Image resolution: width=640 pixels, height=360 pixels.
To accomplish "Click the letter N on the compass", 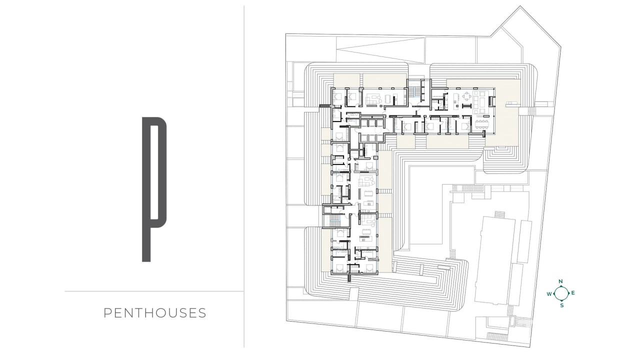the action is click(560, 281).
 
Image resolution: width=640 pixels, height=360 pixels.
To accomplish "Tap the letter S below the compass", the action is click(562, 305).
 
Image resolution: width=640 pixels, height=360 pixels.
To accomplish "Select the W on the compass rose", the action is click(549, 294).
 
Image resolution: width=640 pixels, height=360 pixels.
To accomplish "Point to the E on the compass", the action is click(573, 293).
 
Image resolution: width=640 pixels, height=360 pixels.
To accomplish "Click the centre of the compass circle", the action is click(561, 293).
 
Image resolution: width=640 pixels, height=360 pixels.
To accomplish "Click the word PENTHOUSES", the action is click(155, 313).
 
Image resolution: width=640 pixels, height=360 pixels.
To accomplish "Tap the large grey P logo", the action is click(146, 189).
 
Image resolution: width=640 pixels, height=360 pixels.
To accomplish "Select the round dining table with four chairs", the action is click(467, 96).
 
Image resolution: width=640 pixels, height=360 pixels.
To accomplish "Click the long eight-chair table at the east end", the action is click(482, 124).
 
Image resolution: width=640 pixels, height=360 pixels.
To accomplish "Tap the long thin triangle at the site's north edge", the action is click(380, 54).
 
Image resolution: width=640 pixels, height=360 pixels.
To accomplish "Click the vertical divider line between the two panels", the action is click(244, 176).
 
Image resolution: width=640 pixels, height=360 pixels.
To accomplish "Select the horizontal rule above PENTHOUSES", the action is click(154, 291).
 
